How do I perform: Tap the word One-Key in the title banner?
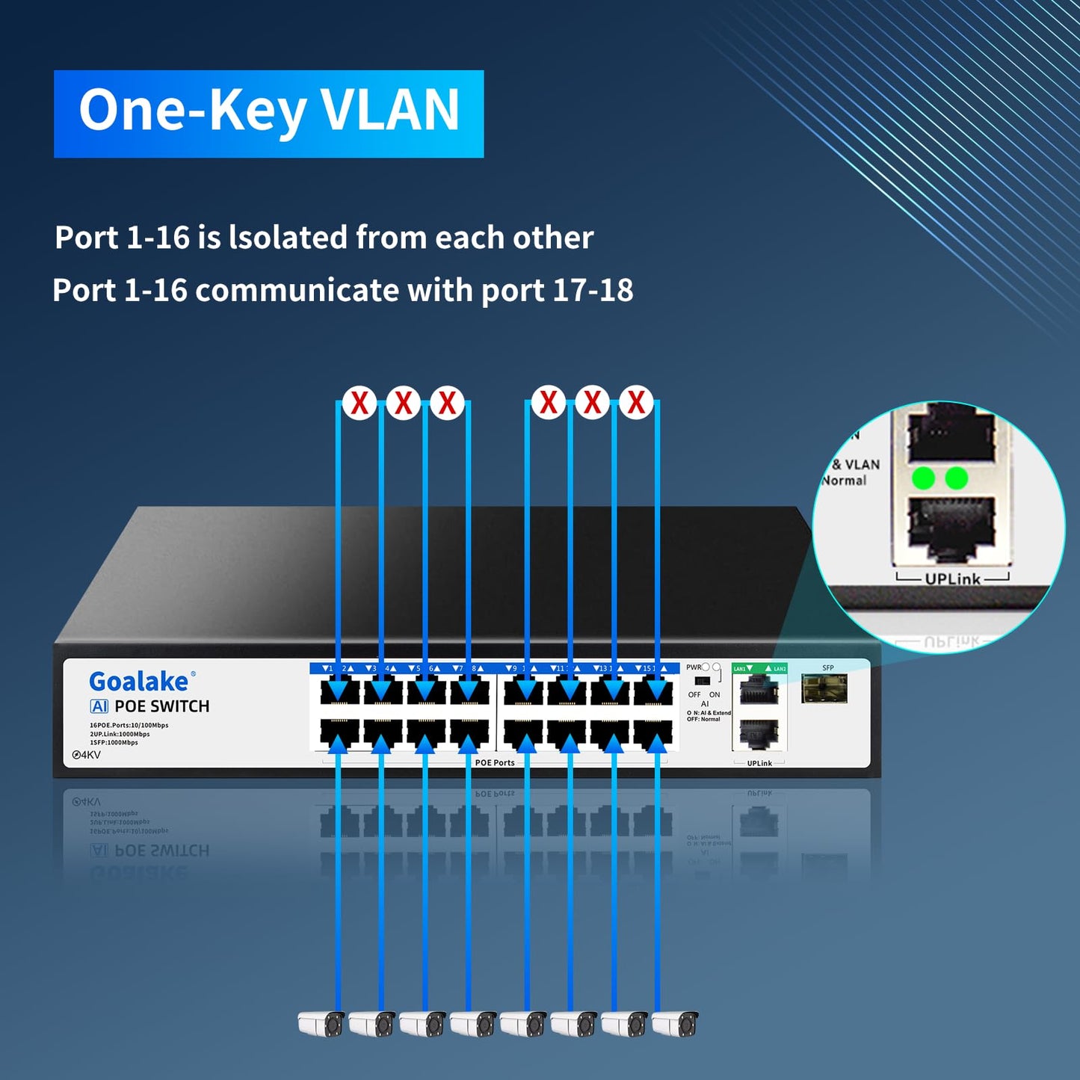click(192, 111)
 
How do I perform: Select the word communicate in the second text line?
click(297, 290)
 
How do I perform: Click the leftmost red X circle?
click(360, 403)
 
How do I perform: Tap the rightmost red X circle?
click(636, 403)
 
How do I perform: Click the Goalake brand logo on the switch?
click(140, 681)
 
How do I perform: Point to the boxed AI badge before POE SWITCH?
click(99, 706)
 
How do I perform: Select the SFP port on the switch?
click(824, 688)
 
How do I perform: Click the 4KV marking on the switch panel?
click(87, 755)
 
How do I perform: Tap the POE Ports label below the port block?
click(495, 762)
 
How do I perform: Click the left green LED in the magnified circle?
click(924, 478)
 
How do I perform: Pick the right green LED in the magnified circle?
click(957, 478)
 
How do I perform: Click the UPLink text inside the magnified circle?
click(952, 578)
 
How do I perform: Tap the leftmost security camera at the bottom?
click(321, 1023)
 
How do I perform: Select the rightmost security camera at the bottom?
click(676, 1023)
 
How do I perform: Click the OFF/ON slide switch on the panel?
click(702, 681)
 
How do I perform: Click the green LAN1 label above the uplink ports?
click(740, 668)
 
